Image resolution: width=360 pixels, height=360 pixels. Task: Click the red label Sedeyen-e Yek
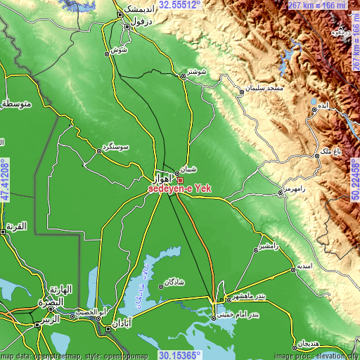click(179, 189)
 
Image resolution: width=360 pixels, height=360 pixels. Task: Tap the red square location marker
click(180, 180)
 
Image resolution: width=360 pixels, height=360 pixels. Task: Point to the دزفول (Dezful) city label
click(139, 22)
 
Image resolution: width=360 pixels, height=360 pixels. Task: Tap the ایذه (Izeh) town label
click(322, 104)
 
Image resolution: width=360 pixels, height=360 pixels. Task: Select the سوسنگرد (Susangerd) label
click(116, 146)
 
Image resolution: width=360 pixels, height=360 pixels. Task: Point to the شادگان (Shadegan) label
click(174, 281)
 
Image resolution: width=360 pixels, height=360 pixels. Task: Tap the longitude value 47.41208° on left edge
click(5, 180)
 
